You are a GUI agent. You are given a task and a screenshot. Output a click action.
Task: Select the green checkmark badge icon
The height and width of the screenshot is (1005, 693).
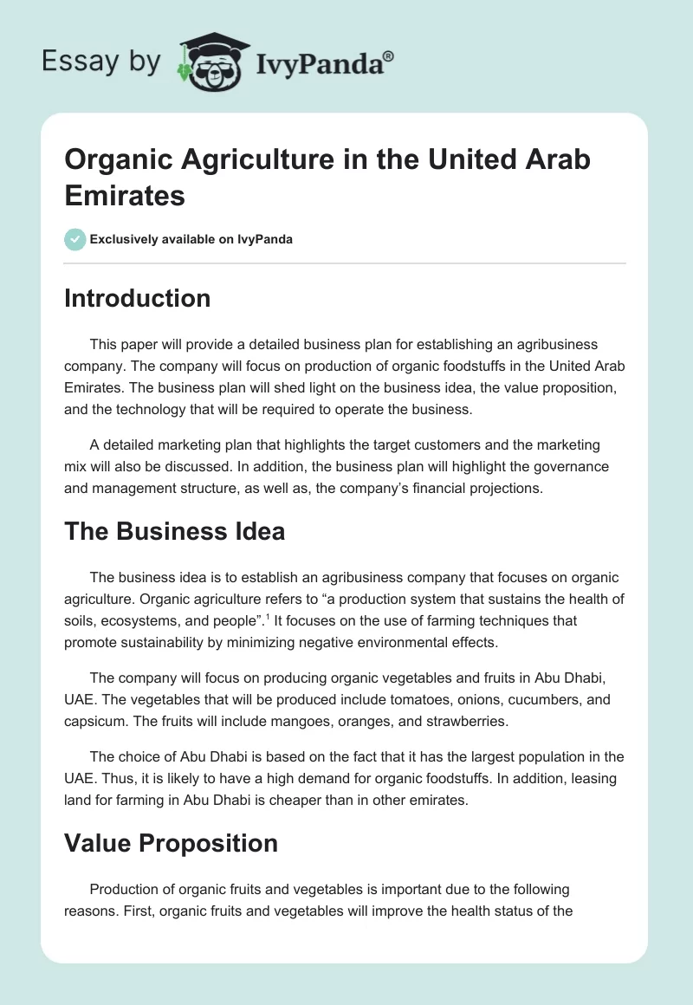coord(75,239)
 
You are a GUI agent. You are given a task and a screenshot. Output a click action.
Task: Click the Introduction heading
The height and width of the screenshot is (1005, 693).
coord(137,298)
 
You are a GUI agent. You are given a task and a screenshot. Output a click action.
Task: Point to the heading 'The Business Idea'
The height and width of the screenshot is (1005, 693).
coord(174,531)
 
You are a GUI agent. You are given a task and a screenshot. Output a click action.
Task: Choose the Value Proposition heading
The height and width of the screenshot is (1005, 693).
coord(171,843)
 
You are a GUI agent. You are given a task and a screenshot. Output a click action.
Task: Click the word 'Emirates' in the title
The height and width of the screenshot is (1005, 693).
coord(125,195)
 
